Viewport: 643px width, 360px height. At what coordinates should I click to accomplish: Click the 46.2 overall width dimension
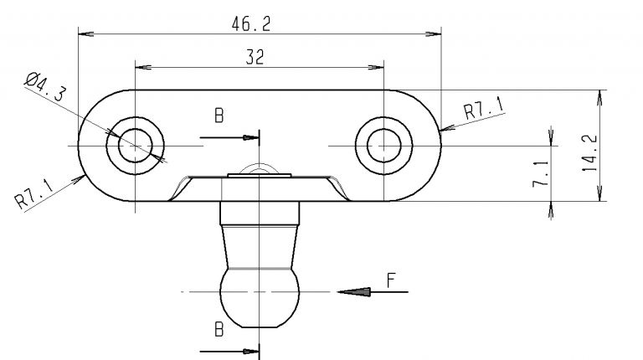(x=251, y=24)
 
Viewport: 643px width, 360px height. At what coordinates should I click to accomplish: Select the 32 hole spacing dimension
(x=255, y=56)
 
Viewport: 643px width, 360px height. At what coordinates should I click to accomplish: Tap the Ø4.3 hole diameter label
(x=46, y=86)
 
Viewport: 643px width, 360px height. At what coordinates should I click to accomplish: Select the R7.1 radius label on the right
(x=483, y=109)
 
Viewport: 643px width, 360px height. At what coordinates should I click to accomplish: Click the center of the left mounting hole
(x=134, y=146)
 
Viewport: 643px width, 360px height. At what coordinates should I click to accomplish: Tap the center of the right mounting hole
(x=383, y=146)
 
